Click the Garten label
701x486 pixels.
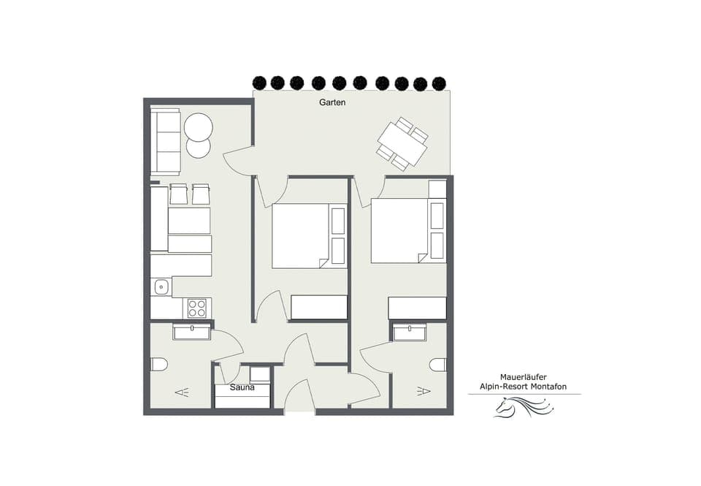pos(332,102)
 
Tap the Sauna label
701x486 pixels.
pos(242,387)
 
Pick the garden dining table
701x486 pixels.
pos(402,144)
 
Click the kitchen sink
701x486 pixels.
pos(161,287)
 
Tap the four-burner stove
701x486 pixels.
pos(196,308)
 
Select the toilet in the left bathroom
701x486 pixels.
pos(159,364)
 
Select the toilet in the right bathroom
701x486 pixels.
pos(438,364)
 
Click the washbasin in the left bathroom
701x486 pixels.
pos(192,333)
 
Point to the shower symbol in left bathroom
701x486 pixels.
pos(182,392)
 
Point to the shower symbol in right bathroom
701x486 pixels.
pos(423,392)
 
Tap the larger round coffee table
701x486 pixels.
pos(198,128)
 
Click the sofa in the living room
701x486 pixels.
pos(165,141)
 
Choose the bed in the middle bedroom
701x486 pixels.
pos(301,235)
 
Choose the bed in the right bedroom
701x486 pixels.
pos(399,230)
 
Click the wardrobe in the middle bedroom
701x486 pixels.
pos(319,307)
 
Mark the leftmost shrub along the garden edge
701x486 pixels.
pos(258,83)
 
